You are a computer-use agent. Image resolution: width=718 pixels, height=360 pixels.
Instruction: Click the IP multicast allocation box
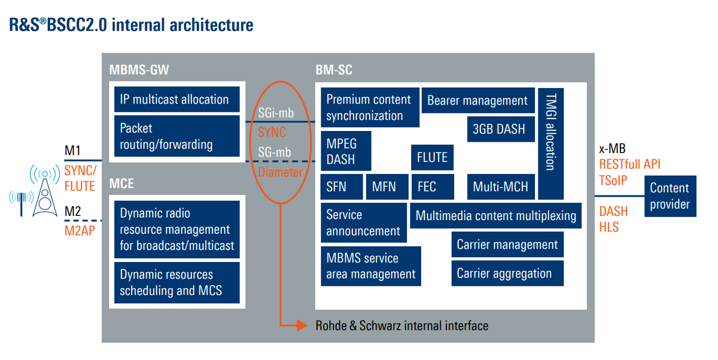177,99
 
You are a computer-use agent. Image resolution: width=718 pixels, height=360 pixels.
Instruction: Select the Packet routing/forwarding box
177,136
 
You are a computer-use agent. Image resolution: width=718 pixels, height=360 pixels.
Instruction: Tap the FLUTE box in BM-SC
432,157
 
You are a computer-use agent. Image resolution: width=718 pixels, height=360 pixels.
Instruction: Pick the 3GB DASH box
499,129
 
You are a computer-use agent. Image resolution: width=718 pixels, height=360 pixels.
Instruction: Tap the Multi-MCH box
500,187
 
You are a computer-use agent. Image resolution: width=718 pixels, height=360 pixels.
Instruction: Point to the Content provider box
670,196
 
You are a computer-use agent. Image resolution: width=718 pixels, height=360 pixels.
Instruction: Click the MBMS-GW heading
139,70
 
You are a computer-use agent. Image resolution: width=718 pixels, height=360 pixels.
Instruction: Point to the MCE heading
121,184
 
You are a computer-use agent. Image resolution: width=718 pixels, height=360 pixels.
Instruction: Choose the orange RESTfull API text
630,164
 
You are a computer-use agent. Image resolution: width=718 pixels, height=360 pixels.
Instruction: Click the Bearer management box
477,100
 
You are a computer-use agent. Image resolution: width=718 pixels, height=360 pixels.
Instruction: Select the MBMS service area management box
371,267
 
